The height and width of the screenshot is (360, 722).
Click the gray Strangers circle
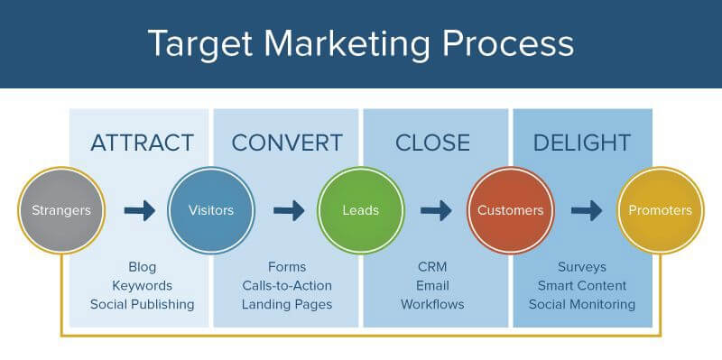[x=61, y=210]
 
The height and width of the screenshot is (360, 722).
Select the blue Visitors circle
[x=211, y=210]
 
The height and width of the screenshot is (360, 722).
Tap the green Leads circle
[x=360, y=210]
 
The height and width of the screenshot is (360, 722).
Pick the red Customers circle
[x=510, y=210]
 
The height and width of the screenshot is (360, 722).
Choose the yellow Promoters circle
[x=661, y=210]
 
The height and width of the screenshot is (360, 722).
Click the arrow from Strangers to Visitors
[x=140, y=210]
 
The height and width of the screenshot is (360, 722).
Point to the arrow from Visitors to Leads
[x=289, y=210]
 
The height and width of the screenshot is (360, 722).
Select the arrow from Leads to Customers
[x=436, y=210]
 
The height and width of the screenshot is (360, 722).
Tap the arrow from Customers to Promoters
[x=586, y=210]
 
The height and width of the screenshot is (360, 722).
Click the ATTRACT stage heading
[x=142, y=143]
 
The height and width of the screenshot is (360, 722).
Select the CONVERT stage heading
[x=287, y=143]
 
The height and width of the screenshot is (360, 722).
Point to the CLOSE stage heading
[x=432, y=143]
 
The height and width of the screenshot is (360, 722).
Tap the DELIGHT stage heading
[x=582, y=143]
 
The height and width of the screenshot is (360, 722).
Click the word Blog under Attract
[x=143, y=267]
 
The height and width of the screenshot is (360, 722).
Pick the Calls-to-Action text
[x=287, y=285]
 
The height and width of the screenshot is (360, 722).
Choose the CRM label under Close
[x=432, y=267]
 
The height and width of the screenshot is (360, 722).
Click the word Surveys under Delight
[x=582, y=267]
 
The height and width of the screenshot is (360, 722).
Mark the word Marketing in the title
[x=347, y=43]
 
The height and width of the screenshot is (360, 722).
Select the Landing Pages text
[x=287, y=304]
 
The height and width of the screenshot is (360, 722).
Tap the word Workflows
[x=432, y=304]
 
